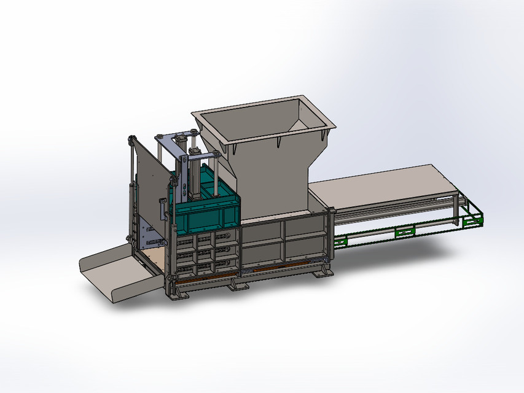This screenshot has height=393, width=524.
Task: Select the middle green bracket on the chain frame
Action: pos(405,230)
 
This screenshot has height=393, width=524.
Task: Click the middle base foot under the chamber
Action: pos(237,286)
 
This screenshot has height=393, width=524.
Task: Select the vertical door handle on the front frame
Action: pos(162,209)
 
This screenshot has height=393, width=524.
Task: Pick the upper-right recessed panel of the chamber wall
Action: pos(304,227)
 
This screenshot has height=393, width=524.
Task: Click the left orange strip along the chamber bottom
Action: pos(197,276)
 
